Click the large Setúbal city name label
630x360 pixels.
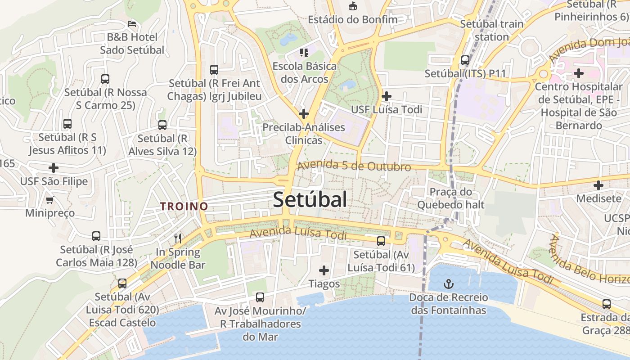(310, 199)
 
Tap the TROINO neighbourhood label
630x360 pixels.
(184, 207)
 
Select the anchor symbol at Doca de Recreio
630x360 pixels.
(448, 283)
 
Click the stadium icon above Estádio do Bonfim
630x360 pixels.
(352, 6)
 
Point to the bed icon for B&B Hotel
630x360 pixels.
(132, 23)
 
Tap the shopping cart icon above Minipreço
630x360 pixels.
(50, 199)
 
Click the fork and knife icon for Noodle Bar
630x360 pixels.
(178, 238)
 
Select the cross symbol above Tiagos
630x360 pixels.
(324, 270)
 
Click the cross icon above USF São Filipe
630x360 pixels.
(54, 168)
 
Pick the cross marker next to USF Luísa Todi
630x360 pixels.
(386, 96)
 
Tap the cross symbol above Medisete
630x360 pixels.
(598, 185)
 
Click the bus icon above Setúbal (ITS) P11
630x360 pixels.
(465, 60)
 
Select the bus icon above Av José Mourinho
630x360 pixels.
(260, 297)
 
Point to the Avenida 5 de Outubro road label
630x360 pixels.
(354, 166)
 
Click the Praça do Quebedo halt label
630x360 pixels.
(450, 198)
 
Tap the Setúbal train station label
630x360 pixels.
(491, 30)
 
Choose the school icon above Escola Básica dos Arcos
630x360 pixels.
(304, 53)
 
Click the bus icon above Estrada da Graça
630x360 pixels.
(607, 304)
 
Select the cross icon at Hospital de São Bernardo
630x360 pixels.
(579, 73)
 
